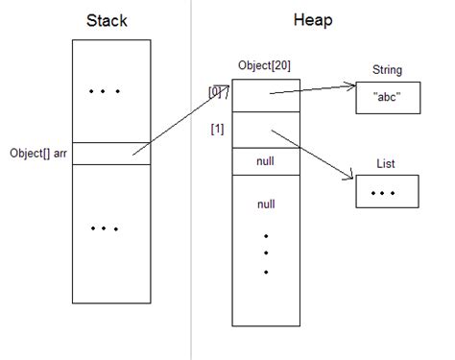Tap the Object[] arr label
tap(36, 153)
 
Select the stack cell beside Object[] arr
tap(110, 153)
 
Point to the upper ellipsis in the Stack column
tap(104, 92)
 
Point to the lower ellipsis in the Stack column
tap(104, 228)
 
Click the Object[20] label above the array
tap(265, 65)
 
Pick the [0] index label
tap(218, 92)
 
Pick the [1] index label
tap(219, 129)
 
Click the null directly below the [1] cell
tap(266, 162)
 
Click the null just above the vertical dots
tap(266, 204)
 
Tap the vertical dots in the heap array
tap(266, 254)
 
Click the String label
tap(387, 70)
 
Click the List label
tap(387, 165)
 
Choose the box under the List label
tap(387, 194)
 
